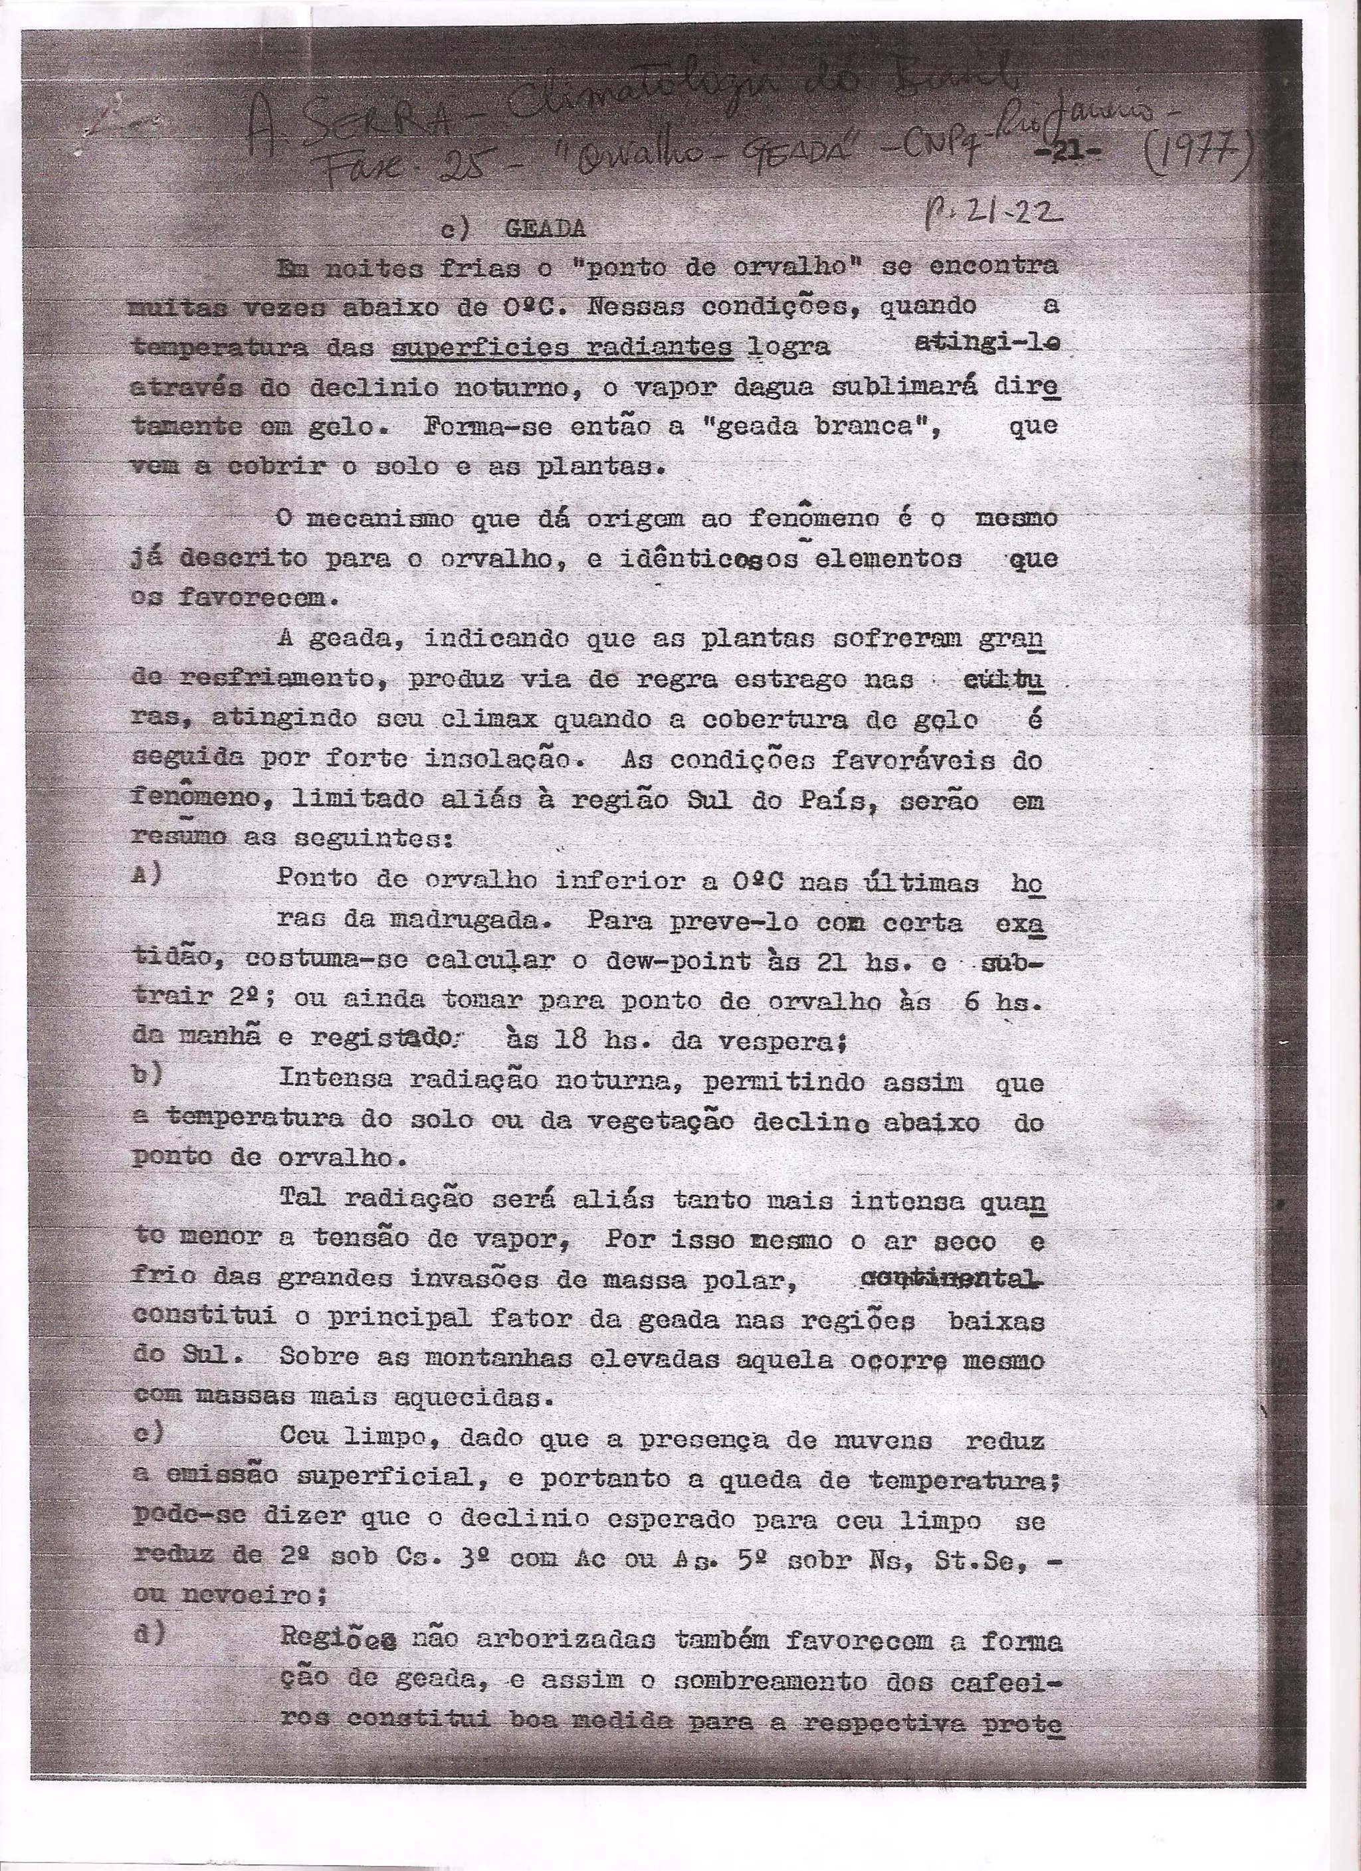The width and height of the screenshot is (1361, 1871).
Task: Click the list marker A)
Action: (147, 875)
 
